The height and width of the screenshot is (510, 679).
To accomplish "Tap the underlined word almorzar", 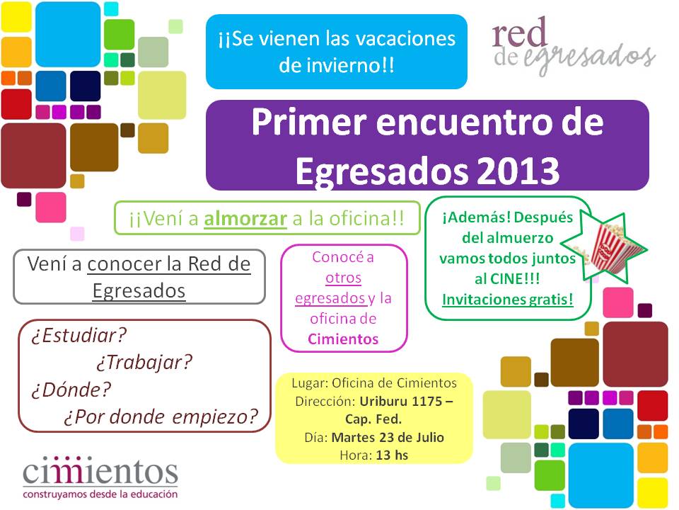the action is (245, 219).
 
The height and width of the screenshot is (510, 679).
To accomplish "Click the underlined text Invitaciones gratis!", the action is (508, 299).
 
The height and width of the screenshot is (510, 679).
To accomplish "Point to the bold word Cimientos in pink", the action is (343, 339).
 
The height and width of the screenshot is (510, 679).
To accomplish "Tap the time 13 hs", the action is (392, 455).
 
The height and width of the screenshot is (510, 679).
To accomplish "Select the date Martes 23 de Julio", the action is (388, 437).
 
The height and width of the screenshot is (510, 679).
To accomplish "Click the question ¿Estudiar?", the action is (79, 336).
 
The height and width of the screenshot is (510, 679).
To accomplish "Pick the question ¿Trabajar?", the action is (144, 363).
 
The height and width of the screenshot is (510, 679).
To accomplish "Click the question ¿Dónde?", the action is (71, 390).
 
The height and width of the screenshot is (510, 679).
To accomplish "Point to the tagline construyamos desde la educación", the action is (100, 494).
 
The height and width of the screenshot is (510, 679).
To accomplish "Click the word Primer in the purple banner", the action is (309, 123).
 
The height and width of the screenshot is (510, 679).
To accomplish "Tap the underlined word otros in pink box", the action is (344, 278).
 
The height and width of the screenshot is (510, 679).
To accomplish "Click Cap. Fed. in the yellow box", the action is (373, 419).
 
